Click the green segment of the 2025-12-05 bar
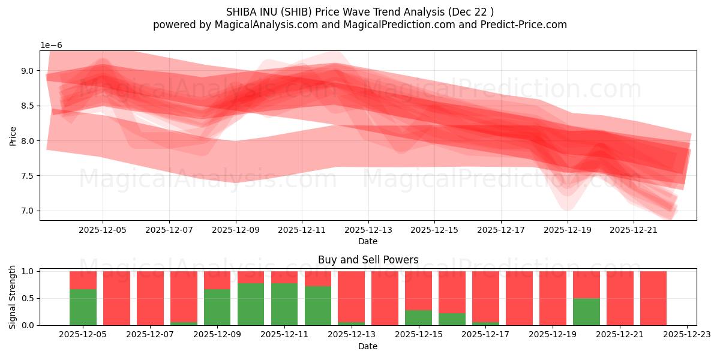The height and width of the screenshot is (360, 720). tap(83, 307)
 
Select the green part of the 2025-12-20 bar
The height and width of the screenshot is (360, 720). tap(586, 312)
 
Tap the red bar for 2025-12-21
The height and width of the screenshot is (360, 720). tap(620, 298)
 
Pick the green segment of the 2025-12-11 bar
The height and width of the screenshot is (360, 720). tap(284, 304)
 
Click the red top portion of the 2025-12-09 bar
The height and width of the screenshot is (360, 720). tap(217, 280)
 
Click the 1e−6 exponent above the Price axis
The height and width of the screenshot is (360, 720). tap(51, 46)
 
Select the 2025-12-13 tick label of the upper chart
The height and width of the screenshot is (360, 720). tap(368, 229)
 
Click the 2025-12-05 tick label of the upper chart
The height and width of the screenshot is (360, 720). tap(103, 229)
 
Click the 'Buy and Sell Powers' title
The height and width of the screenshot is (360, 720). tap(368, 260)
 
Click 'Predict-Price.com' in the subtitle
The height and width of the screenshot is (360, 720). tap(524, 25)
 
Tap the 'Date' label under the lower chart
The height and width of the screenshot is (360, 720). tap(368, 346)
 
